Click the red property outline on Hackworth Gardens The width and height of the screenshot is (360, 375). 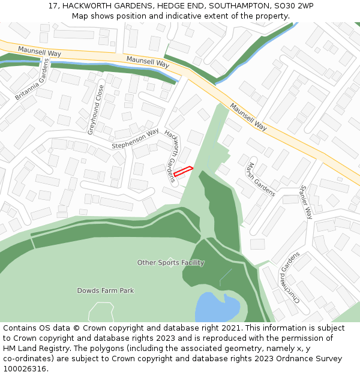(x=183, y=171)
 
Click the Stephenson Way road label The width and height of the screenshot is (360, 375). (x=135, y=139)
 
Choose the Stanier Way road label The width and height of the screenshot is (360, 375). (x=305, y=201)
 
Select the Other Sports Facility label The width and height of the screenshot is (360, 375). (x=170, y=263)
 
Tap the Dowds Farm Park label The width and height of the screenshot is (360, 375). (x=106, y=291)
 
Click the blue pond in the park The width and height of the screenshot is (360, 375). (x=216, y=308)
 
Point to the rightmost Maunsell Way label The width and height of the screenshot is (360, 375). (x=248, y=116)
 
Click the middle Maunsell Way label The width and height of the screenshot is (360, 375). (x=148, y=61)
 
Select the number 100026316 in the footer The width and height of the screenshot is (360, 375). (x=23, y=369)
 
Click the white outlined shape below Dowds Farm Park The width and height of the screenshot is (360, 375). (x=101, y=313)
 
